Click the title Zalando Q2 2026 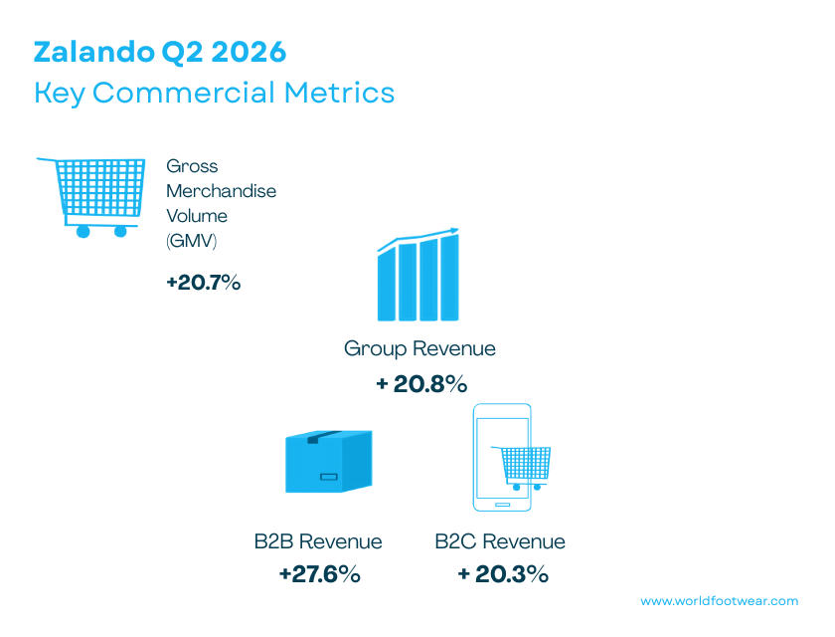160,52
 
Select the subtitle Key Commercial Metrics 214,93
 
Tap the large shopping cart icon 90,197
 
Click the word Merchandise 221,191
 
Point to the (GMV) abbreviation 191,241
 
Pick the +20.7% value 204,282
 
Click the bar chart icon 418,275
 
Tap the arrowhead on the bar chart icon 453,231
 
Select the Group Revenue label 419,348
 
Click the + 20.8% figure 421,384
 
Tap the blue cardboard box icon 329,461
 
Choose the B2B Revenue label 318,541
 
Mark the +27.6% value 319,574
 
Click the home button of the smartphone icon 502,505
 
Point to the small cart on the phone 521,468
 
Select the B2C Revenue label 499,541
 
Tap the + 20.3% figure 503,574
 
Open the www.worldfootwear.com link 720,601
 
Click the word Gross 192,166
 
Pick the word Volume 197,216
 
